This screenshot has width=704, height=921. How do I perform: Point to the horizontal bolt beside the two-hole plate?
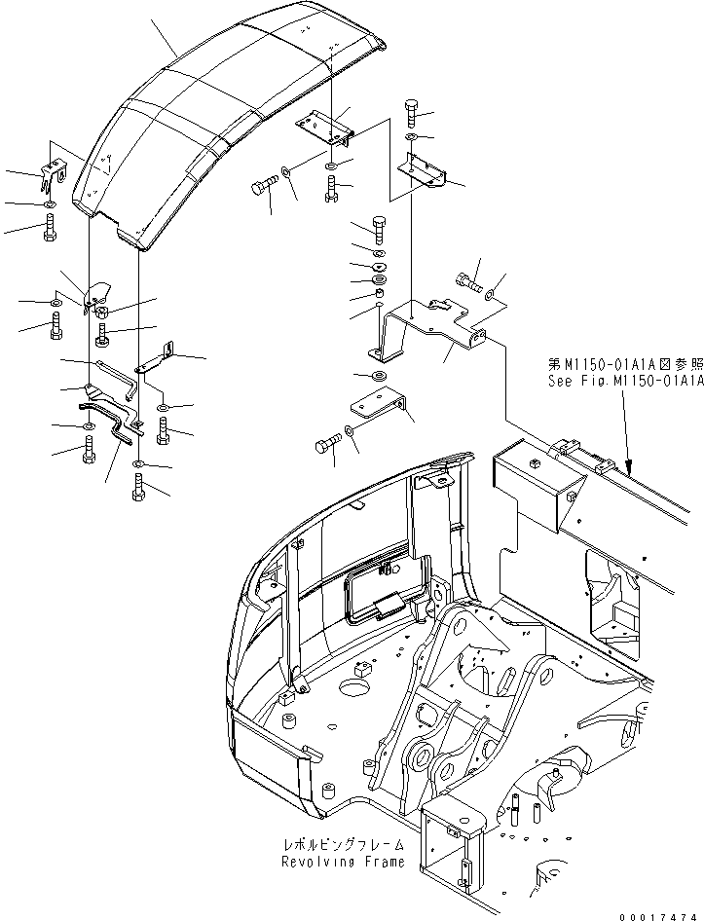click(326, 447)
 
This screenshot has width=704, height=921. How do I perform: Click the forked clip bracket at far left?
click(53, 176)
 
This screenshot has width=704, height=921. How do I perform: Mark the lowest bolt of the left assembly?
click(139, 487)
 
